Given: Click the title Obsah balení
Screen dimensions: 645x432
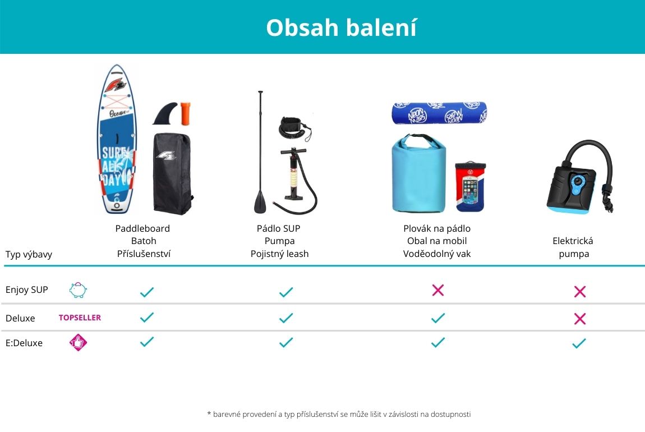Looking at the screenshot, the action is point(342,27).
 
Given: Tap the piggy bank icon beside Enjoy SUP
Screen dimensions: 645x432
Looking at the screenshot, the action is point(78,289).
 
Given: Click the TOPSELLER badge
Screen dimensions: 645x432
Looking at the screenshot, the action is point(80,318).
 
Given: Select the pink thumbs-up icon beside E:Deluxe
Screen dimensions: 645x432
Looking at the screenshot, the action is point(78,342).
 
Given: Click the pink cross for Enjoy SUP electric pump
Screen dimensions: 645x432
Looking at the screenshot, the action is point(579,292).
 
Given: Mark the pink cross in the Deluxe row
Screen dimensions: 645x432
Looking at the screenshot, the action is point(579,319).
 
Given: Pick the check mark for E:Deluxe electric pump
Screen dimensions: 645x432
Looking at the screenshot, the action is point(579,343).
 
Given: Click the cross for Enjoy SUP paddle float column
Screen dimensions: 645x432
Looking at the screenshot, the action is point(438,290).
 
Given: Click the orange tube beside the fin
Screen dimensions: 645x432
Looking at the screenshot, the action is point(186,113).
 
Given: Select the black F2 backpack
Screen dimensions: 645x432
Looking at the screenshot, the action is point(172,173).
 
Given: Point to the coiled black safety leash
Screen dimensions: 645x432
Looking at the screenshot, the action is point(294,129).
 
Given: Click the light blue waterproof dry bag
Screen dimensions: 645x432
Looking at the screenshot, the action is point(419,173).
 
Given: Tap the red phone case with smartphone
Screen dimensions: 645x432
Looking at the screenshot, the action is point(470,186).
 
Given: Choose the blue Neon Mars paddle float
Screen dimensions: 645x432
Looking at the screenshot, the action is point(439,113).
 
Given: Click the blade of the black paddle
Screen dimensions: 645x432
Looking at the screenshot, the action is point(260,201).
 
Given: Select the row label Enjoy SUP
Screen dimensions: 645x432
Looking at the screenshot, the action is point(27,289).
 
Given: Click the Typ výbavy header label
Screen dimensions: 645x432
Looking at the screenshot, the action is point(29,254).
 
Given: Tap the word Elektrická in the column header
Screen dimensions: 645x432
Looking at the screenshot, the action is point(573,241).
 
